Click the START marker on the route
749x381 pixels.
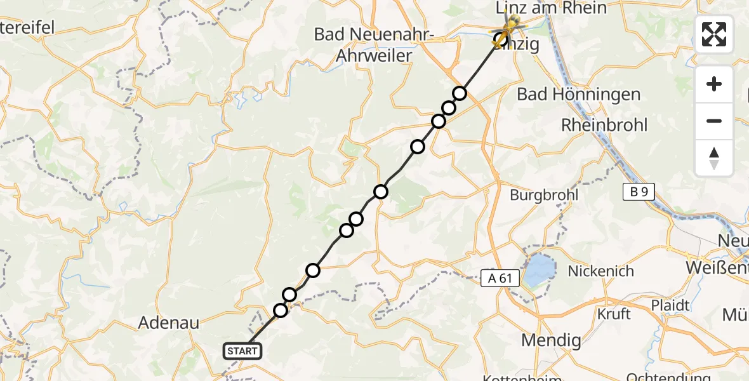click(x=242, y=351)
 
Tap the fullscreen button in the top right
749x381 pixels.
click(x=714, y=34)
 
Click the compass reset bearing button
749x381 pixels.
click(x=714, y=158)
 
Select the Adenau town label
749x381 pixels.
click(x=169, y=323)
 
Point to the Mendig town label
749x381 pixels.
click(x=551, y=340)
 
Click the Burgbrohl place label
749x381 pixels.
click(x=545, y=195)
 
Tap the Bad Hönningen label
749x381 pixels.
click(x=579, y=95)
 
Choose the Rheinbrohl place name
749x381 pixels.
click(x=604, y=125)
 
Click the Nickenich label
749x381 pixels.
click(x=600, y=271)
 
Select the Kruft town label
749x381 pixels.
click(x=614, y=314)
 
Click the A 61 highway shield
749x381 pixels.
click(x=500, y=277)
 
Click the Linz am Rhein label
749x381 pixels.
click(x=552, y=8)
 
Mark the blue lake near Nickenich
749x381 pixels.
click(x=538, y=270)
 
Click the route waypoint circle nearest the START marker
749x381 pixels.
click(x=281, y=310)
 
